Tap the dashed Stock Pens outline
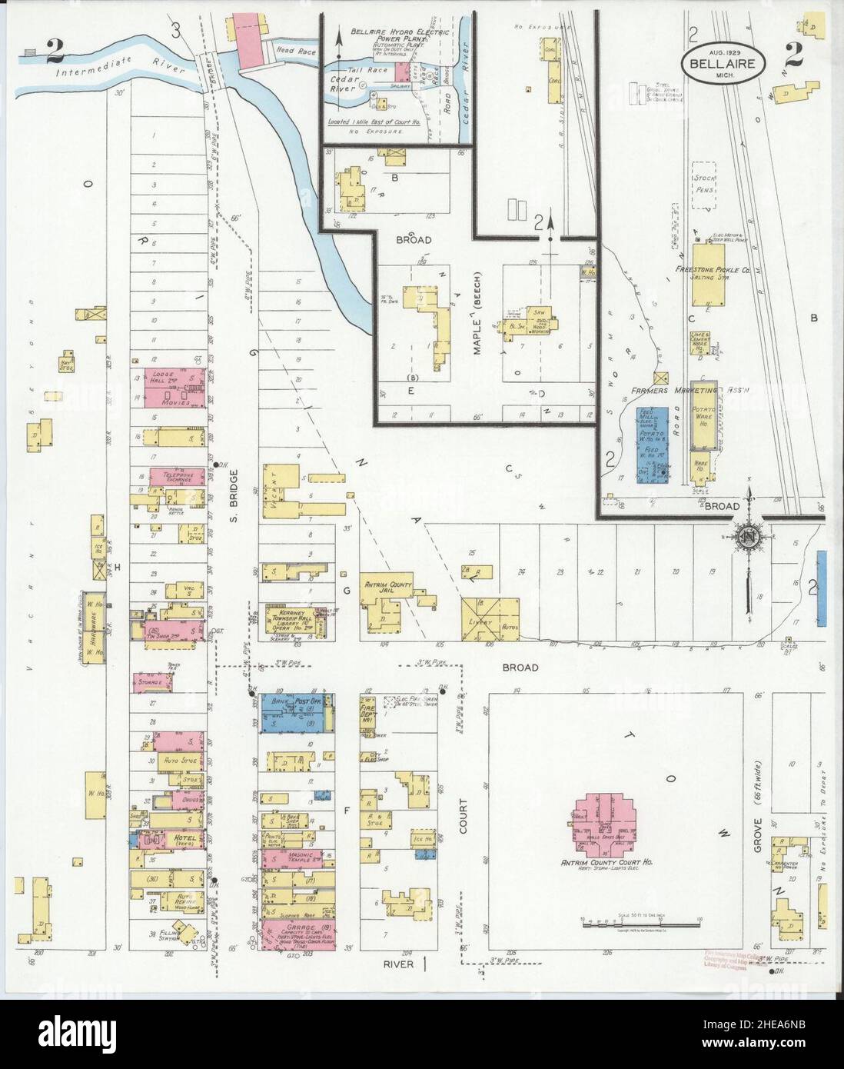point(709,185)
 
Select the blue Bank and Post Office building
point(296,713)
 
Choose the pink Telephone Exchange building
point(177,477)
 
